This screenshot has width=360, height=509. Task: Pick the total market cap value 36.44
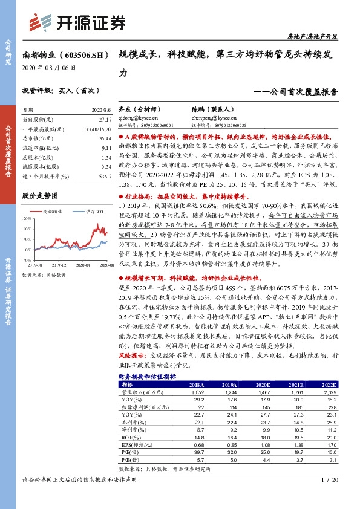point(103,138)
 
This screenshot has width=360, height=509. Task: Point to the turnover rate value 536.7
point(103,175)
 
